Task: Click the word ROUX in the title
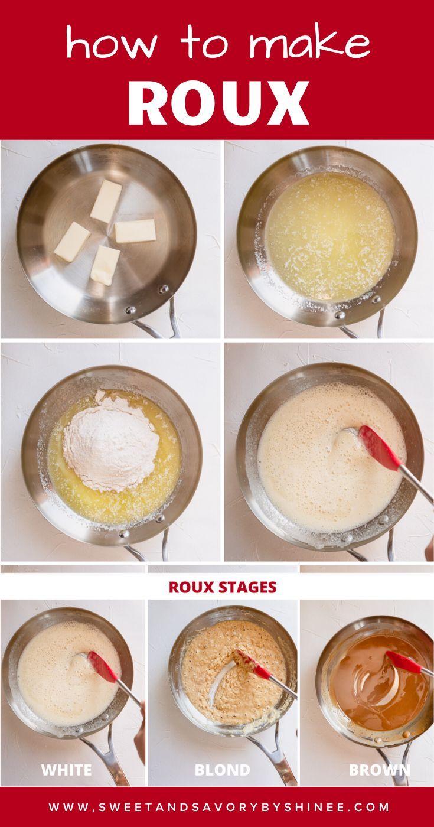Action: (218, 103)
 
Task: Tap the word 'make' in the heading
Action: (309, 43)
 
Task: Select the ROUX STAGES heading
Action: (223, 587)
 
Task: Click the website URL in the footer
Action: (219, 807)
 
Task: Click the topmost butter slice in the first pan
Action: (106, 201)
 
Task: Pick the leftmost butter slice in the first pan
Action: (72, 242)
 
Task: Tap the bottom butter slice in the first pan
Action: (105, 266)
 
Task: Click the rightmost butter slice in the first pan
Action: (135, 231)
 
